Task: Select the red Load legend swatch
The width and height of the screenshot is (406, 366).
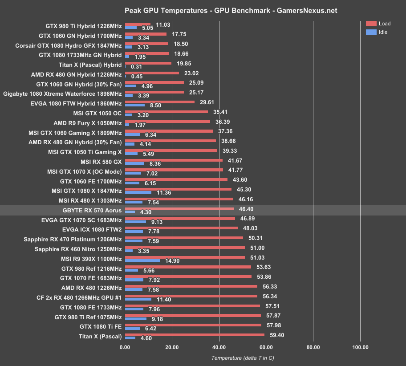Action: pyautogui.click(x=371, y=24)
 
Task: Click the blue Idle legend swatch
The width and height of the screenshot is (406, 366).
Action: pyautogui.click(x=371, y=32)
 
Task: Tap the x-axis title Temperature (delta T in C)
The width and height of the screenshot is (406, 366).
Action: pyautogui.click(x=242, y=358)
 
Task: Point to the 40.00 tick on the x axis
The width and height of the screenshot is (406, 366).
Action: pyautogui.click(x=219, y=347)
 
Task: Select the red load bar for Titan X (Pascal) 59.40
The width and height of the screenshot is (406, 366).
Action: pyautogui.click(x=195, y=335)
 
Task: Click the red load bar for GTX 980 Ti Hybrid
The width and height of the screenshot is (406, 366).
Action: pyautogui.click(x=138, y=24)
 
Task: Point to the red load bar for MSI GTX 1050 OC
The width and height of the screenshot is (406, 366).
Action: pyautogui.click(x=166, y=112)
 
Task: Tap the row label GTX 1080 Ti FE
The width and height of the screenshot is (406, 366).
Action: pyautogui.click(x=99, y=326)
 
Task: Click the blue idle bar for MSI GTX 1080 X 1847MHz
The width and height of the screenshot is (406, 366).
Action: pyautogui.click(x=138, y=193)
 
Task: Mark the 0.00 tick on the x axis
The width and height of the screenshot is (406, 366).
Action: pyautogui.click(x=125, y=347)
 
